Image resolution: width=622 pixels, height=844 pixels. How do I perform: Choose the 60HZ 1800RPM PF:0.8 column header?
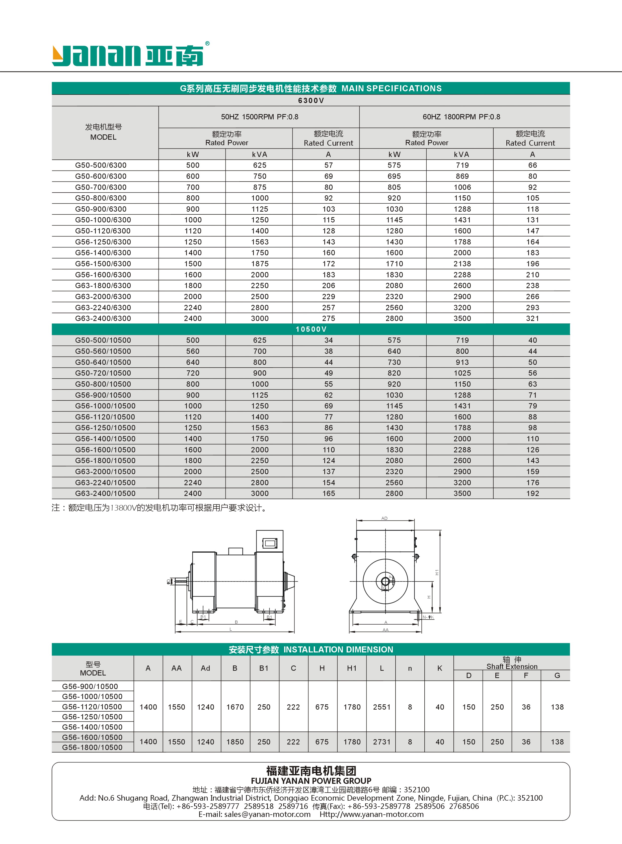coord(461,117)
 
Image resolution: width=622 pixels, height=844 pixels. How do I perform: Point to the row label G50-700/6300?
coord(101,187)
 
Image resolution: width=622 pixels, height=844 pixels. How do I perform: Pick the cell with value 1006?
coord(462,187)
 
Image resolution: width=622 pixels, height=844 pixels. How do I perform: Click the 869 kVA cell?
coord(462,176)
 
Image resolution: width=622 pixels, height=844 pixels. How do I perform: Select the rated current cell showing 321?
coord(532,318)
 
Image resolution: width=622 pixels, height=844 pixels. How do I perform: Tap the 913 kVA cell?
coord(462,362)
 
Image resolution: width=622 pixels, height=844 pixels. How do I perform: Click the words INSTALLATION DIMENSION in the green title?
coord(338,650)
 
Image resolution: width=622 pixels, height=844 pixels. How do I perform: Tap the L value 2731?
coord(381,742)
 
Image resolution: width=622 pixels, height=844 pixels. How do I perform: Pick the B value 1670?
coord(235,707)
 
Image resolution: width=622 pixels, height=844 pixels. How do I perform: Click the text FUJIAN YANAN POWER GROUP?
coord(311,781)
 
